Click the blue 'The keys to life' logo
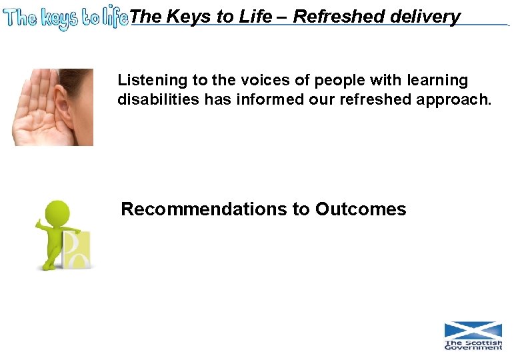[x=65, y=18]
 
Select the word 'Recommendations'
[x=203, y=209]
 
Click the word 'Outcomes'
[x=360, y=209]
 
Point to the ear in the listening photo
[x=65, y=107]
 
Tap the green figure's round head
[x=58, y=214]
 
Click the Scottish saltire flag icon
[x=473, y=331]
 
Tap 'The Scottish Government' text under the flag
[x=473, y=345]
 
